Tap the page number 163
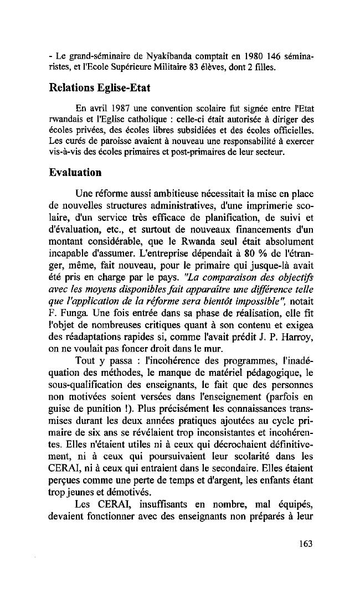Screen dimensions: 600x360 tap(304, 543)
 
